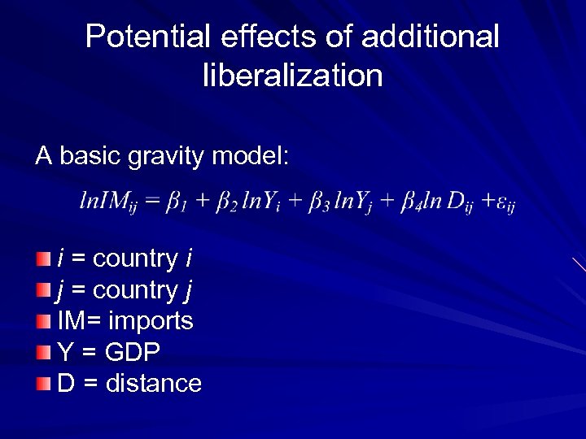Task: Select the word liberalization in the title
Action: click(292, 76)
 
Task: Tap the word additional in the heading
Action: click(430, 37)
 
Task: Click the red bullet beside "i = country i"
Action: click(43, 259)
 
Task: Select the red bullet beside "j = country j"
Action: click(43, 290)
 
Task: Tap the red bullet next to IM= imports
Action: click(43, 321)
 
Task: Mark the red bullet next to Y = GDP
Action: click(43, 352)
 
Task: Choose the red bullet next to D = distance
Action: click(43, 383)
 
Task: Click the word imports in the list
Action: click(151, 322)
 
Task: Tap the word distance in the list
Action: click(154, 383)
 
